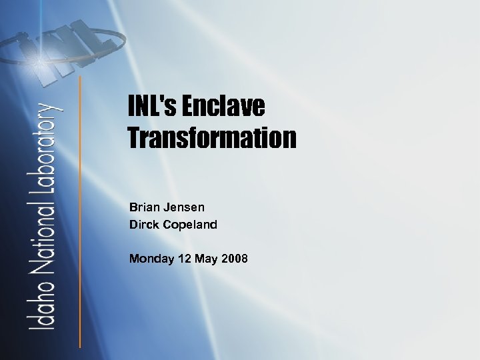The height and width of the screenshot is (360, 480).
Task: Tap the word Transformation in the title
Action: (x=212, y=138)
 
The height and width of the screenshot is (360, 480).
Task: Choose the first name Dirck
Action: (x=143, y=225)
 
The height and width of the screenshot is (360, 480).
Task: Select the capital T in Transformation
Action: (x=135, y=138)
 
